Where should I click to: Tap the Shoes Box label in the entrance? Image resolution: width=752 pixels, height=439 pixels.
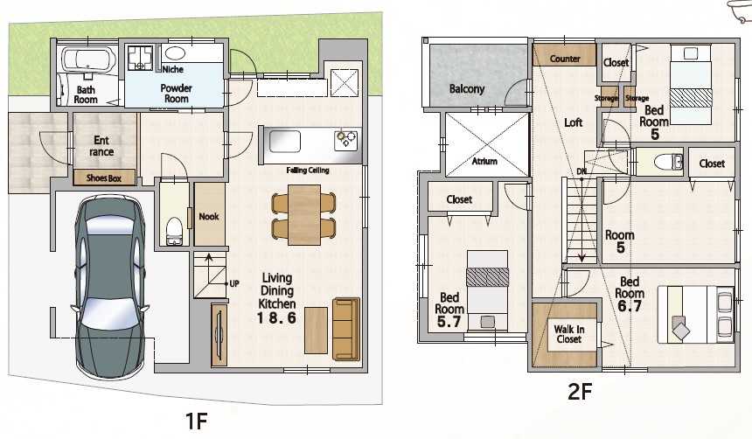click(103, 178)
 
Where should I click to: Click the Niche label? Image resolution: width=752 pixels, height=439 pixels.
click(172, 69)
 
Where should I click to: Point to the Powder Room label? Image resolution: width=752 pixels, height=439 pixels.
click(176, 93)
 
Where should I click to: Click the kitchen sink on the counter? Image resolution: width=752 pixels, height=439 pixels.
click(284, 142)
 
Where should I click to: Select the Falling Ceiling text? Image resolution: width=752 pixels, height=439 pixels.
click(308, 170)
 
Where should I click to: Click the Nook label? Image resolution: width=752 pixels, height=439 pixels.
click(209, 216)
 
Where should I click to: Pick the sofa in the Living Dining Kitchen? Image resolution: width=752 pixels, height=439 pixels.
click(345, 329)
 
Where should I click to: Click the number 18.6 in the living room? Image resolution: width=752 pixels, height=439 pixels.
click(276, 317)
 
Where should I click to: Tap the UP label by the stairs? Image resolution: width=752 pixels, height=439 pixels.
click(234, 283)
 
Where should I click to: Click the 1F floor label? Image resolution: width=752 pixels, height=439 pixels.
click(196, 421)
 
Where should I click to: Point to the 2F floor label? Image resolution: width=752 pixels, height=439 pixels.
click(580, 392)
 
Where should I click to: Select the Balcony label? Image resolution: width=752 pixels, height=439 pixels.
click(467, 88)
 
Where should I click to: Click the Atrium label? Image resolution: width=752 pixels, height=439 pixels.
click(484, 161)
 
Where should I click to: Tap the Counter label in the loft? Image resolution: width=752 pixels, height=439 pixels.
click(565, 59)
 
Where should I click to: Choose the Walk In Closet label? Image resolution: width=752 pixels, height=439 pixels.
click(568, 334)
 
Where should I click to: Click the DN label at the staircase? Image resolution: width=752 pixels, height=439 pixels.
click(581, 171)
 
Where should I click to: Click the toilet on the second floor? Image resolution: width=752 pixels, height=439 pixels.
click(669, 162)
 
